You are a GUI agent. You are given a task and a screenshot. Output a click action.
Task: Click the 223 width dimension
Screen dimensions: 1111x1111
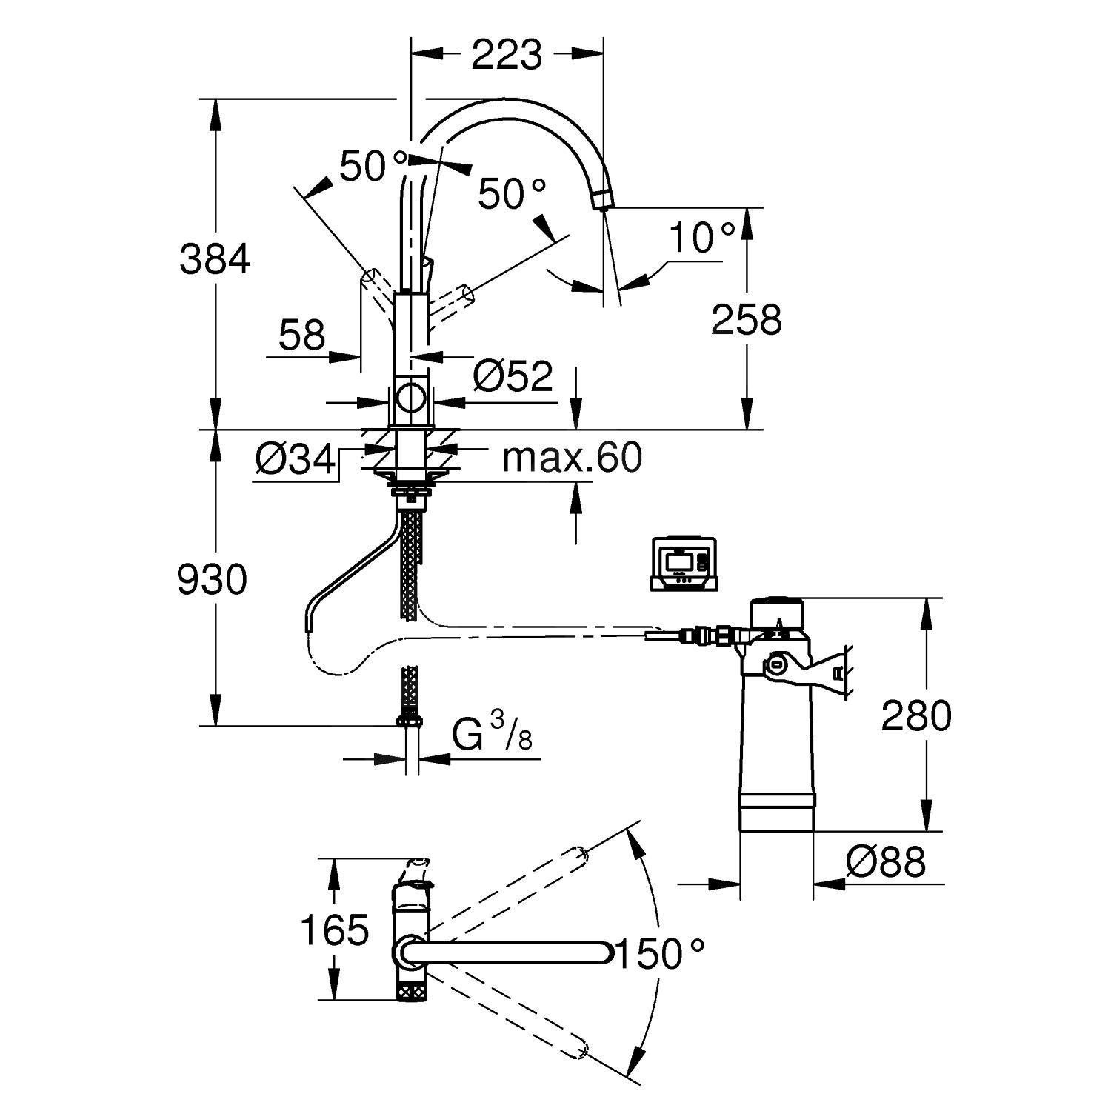(x=507, y=55)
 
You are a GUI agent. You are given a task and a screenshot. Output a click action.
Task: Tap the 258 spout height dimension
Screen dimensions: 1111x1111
(x=746, y=320)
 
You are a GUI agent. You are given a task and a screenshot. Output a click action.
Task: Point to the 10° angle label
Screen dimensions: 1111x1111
(x=701, y=238)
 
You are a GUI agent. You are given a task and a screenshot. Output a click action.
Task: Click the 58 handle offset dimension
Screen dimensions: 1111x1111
(x=302, y=336)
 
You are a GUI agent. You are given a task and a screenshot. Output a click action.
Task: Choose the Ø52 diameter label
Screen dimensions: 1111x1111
(x=513, y=376)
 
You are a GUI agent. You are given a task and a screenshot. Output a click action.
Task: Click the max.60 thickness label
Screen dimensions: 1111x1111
(x=572, y=458)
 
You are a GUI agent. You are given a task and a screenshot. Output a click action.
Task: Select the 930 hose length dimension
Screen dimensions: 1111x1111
(x=212, y=579)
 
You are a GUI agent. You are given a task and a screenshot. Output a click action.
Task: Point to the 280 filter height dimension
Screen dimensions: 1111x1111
(x=915, y=715)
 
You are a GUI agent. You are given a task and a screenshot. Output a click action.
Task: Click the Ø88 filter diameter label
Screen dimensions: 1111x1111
(x=886, y=862)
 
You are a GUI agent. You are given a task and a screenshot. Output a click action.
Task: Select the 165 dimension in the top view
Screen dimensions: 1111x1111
(x=335, y=930)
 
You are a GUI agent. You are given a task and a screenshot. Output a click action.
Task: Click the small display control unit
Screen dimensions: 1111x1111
(x=684, y=563)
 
